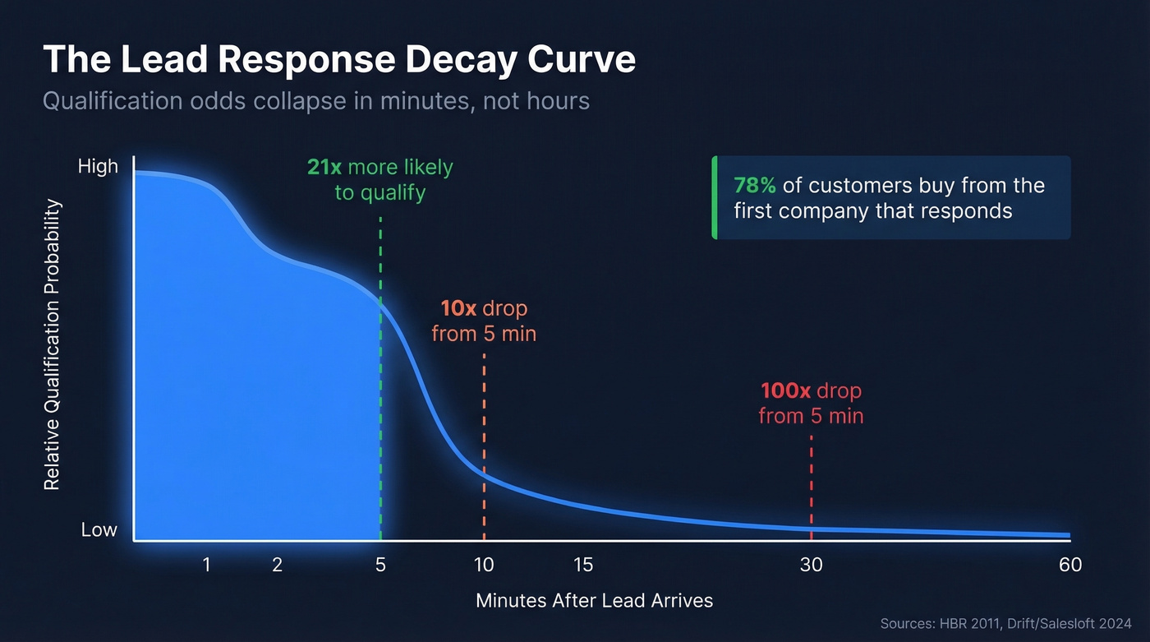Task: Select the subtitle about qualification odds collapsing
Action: [x=315, y=101]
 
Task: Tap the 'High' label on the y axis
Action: [x=98, y=166]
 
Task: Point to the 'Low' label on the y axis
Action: [x=99, y=530]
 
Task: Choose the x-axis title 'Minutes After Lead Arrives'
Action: [x=594, y=600]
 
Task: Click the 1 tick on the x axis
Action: [x=206, y=565]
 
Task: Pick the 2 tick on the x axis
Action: [x=277, y=565]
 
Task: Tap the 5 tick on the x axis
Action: [x=380, y=565]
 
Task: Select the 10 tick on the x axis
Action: [x=484, y=565]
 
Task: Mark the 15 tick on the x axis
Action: [x=583, y=565]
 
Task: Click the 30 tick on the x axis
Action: [x=811, y=565]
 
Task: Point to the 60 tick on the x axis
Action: [x=1070, y=565]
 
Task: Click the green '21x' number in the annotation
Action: [x=324, y=168]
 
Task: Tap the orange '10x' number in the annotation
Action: [x=458, y=309]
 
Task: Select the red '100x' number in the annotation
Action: [x=785, y=390]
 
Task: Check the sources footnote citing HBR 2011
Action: [x=1005, y=623]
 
